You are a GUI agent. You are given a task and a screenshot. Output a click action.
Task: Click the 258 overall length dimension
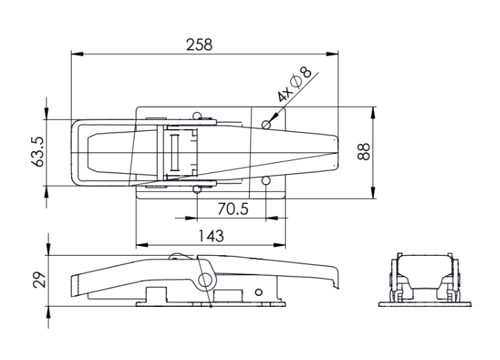[x=199, y=45]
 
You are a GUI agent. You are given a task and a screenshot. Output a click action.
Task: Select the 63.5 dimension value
[x=38, y=152]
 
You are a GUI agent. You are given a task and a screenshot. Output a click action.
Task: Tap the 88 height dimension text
[x=363, y=152]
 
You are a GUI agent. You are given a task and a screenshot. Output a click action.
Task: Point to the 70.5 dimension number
[x=233, y=209]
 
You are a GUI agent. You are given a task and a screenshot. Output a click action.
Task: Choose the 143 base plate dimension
[x=211, y=236]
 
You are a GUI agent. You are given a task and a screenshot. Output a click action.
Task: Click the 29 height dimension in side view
[x=39, y=280]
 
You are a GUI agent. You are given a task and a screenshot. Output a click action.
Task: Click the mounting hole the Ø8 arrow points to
[x=266, y=124]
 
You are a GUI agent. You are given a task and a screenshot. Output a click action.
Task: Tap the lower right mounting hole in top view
[x=266, y=181]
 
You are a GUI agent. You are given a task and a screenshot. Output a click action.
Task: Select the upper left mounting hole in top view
[x=197, y=115]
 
